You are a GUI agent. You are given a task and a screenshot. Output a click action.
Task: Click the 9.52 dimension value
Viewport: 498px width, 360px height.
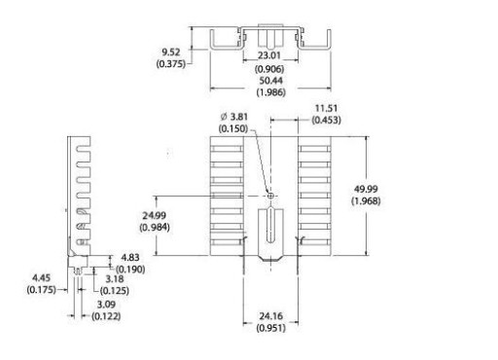pyautogui.click(x=171, y=52)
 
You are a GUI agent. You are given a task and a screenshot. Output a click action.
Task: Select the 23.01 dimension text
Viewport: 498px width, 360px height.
pyautogui.click(x=268, y=55)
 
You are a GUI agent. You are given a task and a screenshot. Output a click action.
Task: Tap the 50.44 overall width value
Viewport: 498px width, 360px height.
pyautogui.click(x=271, y=81)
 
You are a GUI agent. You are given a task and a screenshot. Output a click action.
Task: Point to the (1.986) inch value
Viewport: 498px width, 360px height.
pyautogui.click(x=271, y=92)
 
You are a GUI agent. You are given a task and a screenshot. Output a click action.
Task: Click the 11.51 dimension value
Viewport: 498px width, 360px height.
pyautogui.click(x=326, y=108)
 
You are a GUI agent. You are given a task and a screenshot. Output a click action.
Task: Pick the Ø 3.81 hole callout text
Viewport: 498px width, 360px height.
pyautogui.click(x=233, y=117)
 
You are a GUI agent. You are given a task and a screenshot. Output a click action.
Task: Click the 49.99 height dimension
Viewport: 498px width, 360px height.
pyautogui.click(x=366, y=189)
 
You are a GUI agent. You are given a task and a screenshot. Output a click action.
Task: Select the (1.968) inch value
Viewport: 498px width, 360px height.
pyautogui.click(x=366, y=200)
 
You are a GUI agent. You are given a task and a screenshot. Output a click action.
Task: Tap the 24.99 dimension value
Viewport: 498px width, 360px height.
pyautogui.click(x=155, y=215)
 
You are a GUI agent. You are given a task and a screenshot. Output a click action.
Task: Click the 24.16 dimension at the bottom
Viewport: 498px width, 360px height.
pyautogui.click(x=270, y=316)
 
